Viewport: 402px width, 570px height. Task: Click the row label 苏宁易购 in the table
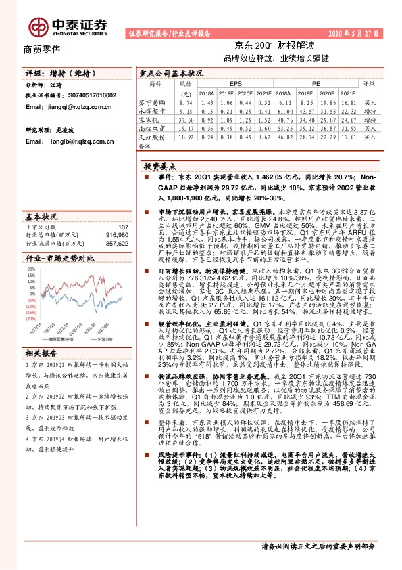[154, 100]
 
